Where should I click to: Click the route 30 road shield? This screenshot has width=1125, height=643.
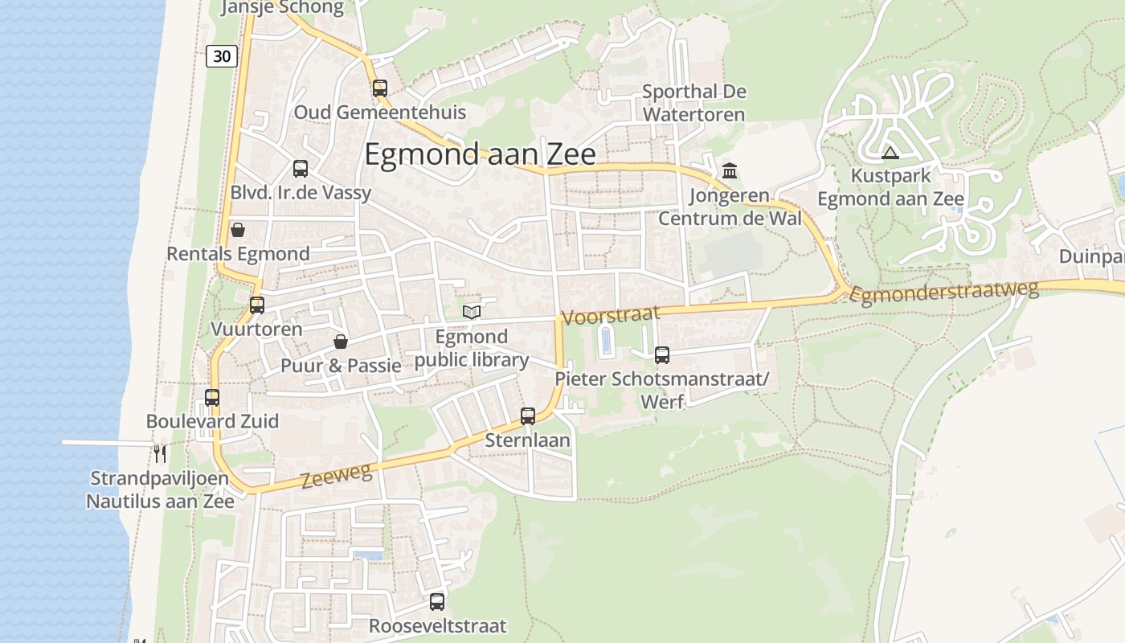(x=222, y=55)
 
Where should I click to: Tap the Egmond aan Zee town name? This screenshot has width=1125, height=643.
(x=480, y=154)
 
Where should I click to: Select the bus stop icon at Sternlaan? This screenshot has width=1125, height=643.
(x=528, y=416)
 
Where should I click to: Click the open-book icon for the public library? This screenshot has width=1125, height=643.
(x=472, y=312)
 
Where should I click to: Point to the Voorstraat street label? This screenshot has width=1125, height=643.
(x=610, y=315)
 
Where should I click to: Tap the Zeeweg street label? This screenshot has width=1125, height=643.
(x=337, y=476)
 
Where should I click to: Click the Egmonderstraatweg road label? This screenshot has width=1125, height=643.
(x=944, y=293)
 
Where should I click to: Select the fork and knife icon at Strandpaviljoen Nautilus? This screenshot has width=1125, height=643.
(x=160, y=453)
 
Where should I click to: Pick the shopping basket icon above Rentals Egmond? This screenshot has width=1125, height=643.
(x=238, y=230)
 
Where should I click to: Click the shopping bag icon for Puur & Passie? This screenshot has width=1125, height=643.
(x=341, y=342)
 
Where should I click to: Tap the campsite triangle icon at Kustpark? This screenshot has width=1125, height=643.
(x=890, y=153)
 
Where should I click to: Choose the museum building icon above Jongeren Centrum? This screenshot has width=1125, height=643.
(x=730, y=170)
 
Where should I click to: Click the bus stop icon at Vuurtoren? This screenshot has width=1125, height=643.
(x=257, y=305)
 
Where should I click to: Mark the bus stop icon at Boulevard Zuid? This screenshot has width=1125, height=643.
(x=212, y=397)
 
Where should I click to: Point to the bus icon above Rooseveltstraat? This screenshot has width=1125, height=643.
(x=437, y=601)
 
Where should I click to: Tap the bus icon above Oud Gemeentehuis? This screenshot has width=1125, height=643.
(x=380, y=88)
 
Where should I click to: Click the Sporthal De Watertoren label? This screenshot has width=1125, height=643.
(x=693, y=103)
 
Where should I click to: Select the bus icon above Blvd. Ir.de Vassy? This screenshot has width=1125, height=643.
(x=301, y=168)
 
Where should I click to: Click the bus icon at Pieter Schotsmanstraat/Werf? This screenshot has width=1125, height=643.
(x=662, y=354)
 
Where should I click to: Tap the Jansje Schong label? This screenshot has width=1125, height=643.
(x=282, y=8)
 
